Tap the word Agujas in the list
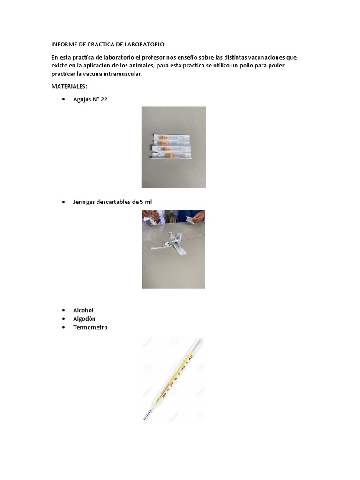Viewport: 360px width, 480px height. (x=82, y=99)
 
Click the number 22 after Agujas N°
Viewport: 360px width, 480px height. (x=104, y=99)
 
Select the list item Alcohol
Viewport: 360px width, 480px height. (x=83, y=310)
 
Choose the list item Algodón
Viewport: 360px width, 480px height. (x=84, y=319)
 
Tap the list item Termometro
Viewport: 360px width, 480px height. (x=90, y=327)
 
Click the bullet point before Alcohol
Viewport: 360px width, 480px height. (x=63, y=311)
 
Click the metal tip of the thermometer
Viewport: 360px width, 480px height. (x=147, y=416)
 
